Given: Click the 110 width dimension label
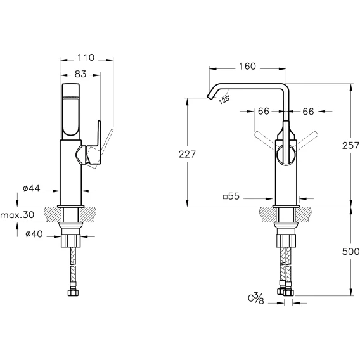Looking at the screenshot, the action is click(86, 58).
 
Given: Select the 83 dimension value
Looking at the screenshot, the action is click(80, 74).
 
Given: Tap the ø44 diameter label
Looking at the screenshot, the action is click(32, 188).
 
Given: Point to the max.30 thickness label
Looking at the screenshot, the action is click(17, 215).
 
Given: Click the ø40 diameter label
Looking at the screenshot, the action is click(34, 234).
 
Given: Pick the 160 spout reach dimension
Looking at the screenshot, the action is click(247, 67).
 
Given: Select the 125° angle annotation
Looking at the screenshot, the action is click(224, 100).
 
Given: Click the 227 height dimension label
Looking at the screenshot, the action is click(187, 154).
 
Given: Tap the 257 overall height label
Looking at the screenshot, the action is click(350, 146).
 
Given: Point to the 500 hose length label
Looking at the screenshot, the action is click(350, 252).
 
